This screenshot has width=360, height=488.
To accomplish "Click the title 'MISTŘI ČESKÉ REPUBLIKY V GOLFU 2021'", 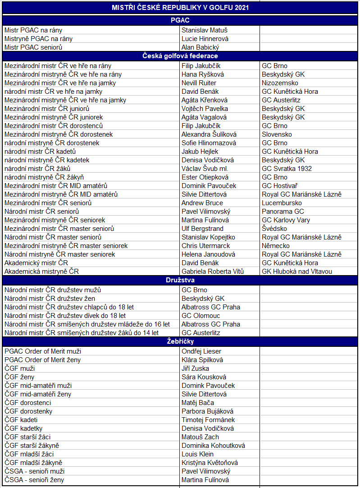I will [x=180, y=8].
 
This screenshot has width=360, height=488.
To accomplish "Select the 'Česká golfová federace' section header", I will [x=180, y=56].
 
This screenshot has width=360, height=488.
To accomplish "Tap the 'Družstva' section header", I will [x=180, y=281].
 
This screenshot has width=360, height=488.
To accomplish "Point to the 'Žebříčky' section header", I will [x=180, y=342].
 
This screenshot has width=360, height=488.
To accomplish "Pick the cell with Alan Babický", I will [x=200, y=47].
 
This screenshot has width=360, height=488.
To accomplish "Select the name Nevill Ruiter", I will [x=199, y=83].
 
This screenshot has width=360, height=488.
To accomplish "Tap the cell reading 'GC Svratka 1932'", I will [x=287, y=169].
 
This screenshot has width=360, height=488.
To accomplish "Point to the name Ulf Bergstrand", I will [x=202, y=229].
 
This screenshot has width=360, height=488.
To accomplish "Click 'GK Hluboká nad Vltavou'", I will [x=297, y=272].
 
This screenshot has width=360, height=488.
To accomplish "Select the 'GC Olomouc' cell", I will [x=201, y=316].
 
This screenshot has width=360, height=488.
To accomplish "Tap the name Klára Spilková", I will [x=202, y=360].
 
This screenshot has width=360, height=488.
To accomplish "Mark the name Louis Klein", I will [x=197, y=454].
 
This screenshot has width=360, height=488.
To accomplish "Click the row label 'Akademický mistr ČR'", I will [x=36, y=263].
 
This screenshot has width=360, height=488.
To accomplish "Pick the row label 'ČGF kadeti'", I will [x=21, y=420].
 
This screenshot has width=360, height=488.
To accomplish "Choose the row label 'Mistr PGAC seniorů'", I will [x=33, y=47].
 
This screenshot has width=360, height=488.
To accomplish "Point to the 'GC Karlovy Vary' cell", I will [x=286, y=220].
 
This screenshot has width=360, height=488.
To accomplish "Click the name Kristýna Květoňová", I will [x=210, y=463].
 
